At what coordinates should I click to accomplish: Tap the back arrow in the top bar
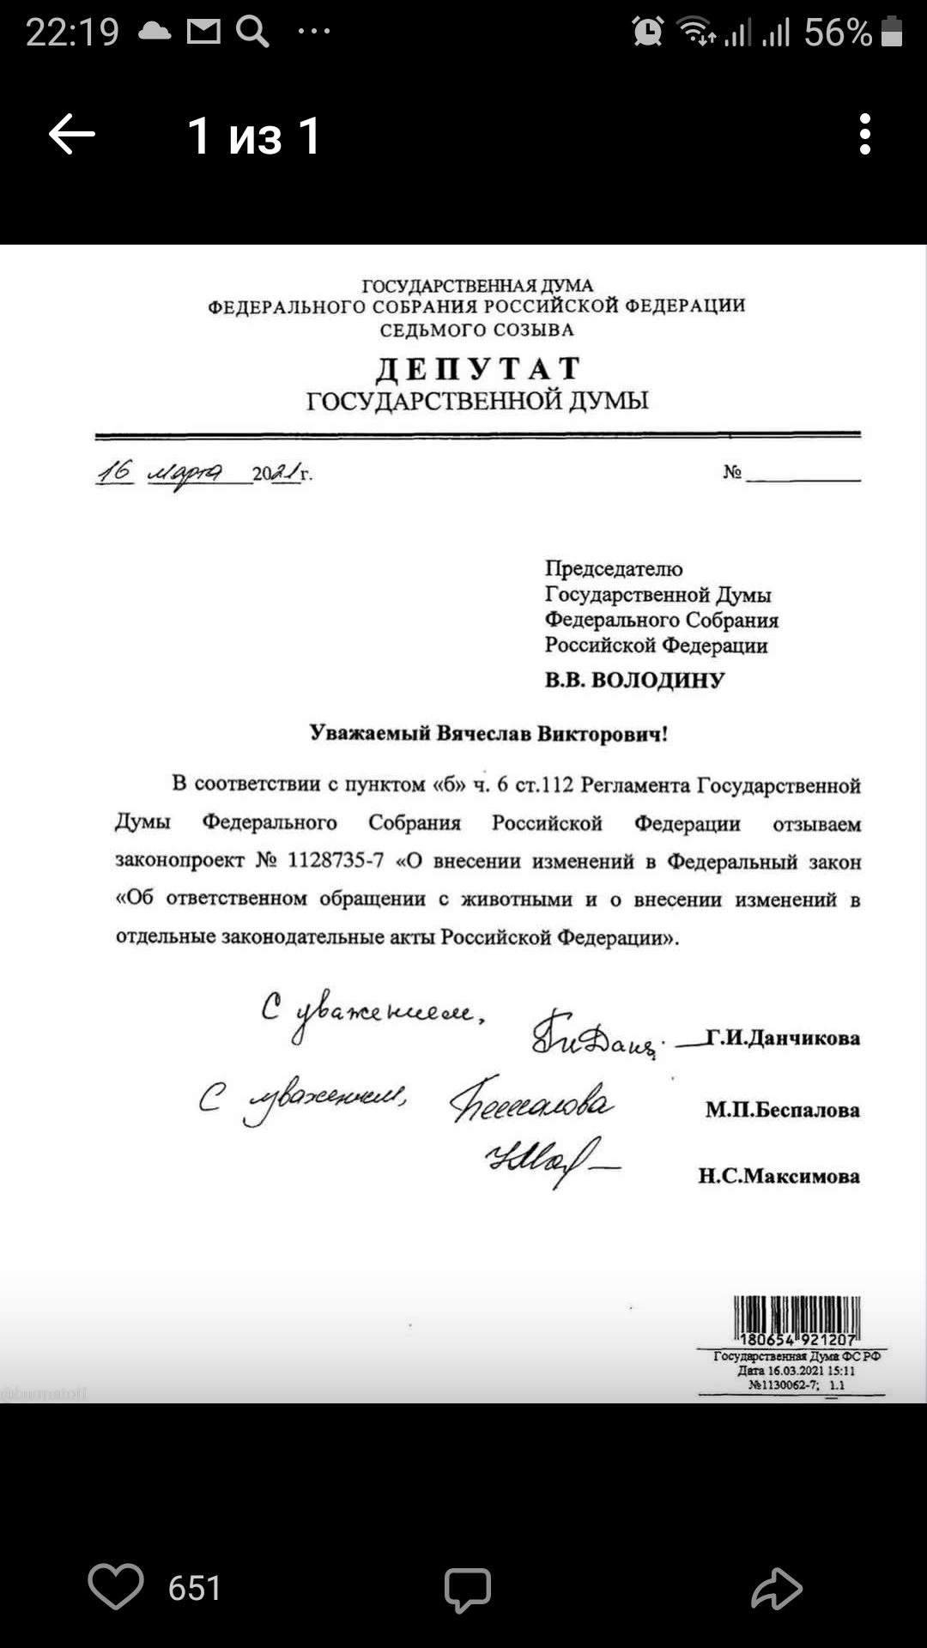click(72, 135)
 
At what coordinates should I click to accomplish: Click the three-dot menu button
click(864, 135)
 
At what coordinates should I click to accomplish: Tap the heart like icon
click(116, 1586)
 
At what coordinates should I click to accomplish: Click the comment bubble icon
click(467, 1589)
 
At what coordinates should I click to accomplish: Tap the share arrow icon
click(776, 1588)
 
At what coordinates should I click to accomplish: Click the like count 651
click(195, 1588)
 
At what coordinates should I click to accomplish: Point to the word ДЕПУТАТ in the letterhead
click(478, 369)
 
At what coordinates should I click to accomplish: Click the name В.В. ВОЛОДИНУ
click(634, 680)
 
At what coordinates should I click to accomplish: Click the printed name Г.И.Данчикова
click(782, 1038)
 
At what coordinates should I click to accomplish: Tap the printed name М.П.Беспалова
click(782, 1110)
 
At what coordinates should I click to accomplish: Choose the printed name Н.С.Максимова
click(779, 1176)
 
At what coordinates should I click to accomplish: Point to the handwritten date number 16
click(115, 470)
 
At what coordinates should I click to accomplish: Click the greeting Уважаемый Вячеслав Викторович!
click(488, 733)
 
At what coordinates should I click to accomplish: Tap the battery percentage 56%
click(838, 33)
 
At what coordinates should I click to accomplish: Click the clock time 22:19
click(72, 33)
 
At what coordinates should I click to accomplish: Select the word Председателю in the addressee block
click(614, 568)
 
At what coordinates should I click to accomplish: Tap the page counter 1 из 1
click(254, 136)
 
